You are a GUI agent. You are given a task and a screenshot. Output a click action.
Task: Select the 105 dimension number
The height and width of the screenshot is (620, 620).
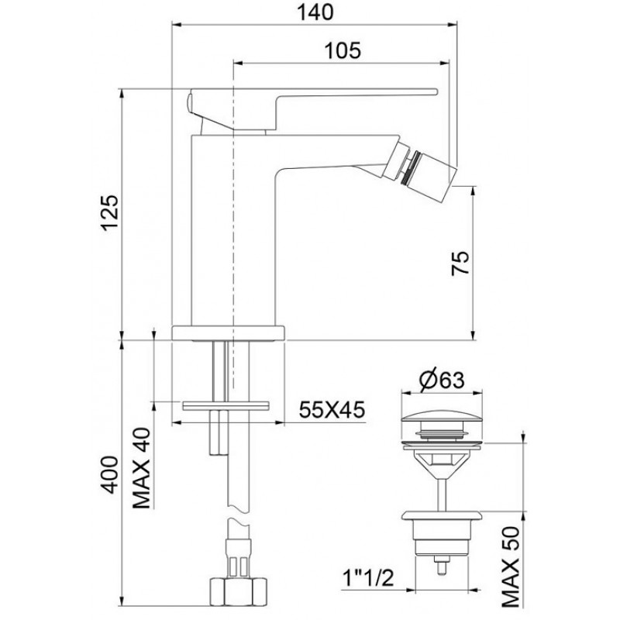point(343,50)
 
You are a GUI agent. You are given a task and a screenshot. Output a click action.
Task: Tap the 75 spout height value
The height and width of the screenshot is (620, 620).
point(460,263)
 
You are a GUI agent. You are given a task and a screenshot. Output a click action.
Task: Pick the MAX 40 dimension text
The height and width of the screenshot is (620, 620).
point(142,468)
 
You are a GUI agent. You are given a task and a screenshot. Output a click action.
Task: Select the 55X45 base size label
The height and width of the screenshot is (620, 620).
point(332,410)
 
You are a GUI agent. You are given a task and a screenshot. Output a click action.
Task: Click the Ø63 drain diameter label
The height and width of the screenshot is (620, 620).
point(442,381)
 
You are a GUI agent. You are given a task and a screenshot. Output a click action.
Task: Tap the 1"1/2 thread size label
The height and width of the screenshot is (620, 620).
point(367,579)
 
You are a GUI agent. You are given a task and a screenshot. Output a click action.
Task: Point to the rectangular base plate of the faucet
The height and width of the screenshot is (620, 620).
point(229,333)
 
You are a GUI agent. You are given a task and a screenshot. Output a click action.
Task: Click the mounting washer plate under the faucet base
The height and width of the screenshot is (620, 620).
point(225,406)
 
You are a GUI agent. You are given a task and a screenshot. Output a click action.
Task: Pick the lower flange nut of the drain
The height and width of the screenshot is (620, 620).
point(442,515)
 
